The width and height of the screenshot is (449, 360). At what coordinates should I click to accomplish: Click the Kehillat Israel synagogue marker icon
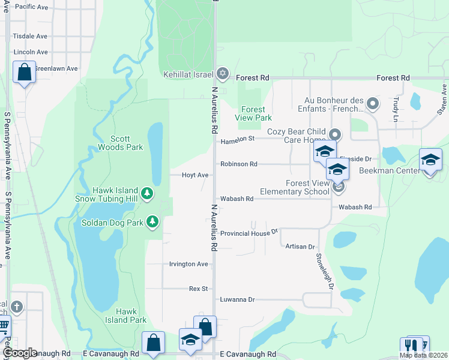point(223,74)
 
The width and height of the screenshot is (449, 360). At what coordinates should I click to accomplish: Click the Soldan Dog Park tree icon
point(153,222)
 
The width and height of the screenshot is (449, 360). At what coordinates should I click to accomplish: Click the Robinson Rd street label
point(238,164)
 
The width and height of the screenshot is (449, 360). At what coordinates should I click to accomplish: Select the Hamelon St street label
point(238,140)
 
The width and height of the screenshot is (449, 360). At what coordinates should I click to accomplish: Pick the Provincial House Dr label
point(250,233)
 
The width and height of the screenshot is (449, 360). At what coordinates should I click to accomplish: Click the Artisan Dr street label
point(300,247)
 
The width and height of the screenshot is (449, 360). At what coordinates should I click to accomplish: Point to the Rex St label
point(198,289)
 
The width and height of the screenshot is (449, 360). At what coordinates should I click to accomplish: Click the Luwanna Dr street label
point(238,299)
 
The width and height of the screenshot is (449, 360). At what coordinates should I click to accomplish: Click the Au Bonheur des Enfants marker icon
point(373,104)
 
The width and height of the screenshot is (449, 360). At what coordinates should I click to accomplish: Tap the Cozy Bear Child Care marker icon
point(335,134)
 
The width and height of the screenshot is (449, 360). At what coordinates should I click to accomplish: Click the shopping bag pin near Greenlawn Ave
point(24,73)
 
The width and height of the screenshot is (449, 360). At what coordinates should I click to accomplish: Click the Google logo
point(19,353)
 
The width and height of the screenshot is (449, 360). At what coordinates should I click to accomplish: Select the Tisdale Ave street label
point(30,36)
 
